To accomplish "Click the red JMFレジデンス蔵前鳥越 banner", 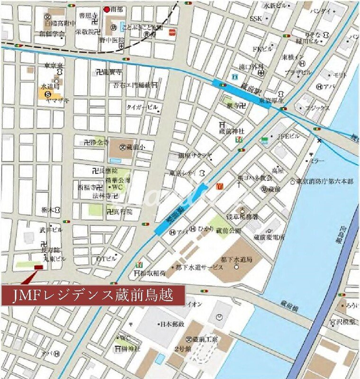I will click(x=93, y=296).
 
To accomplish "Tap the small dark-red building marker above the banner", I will click(x=38, y=268).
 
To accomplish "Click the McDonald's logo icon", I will click(x=219, y=187).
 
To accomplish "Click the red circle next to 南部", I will click(x=107, y=9).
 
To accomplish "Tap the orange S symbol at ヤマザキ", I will click(x=48, y=94).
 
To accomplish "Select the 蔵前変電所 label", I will click(x=269, y=237).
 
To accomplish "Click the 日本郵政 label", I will click(x=172, y=325).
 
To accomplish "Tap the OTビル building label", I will click(x=106, y=259).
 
